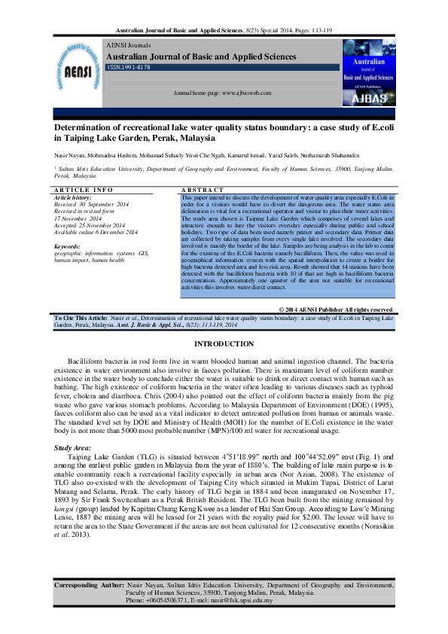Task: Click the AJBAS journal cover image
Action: click(369, 74)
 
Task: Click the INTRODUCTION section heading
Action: click(224, 344)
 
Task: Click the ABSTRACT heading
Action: click(203, 189)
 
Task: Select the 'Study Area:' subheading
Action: click(72, 448)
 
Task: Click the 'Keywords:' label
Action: click(67, 246)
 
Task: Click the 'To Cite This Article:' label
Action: click(81, 319)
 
